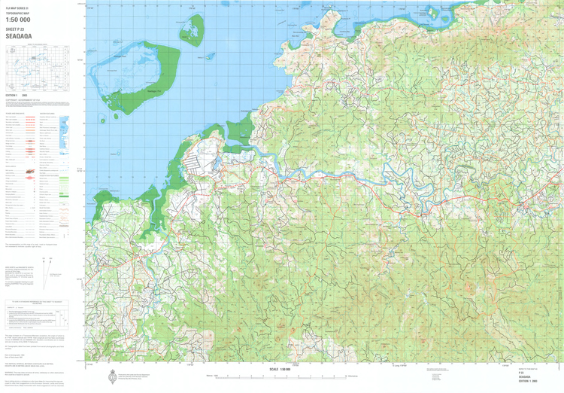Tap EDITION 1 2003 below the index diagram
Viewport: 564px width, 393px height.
[17, 96]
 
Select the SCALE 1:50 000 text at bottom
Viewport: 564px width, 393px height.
[279, 368]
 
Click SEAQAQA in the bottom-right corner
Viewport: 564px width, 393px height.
[526, 379]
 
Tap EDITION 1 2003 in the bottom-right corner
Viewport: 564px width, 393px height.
[529, 384]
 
